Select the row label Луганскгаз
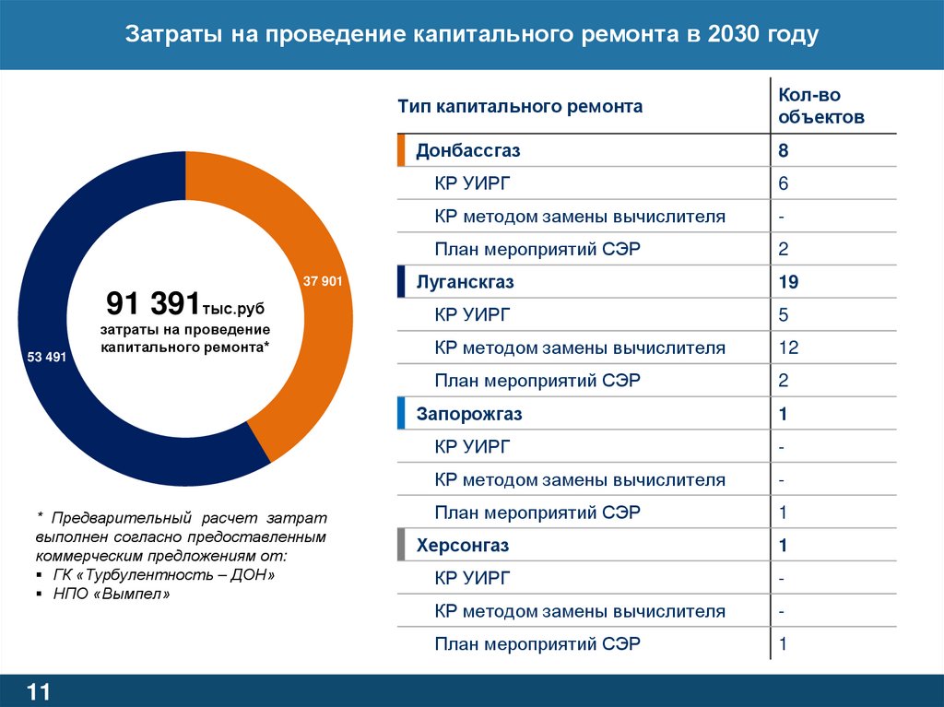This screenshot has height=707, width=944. (465, 282)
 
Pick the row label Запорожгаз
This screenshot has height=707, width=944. (469, 414)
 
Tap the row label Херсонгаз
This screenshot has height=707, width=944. (463, 546)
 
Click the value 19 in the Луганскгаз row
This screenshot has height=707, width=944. (787, 282)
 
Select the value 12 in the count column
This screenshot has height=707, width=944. (787, 348)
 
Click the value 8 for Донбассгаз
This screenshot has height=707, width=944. (783, 150)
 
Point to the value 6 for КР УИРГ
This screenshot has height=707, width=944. (783, 183)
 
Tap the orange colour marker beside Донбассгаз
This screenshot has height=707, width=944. (401, 150)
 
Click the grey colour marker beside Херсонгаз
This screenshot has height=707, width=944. (401, 546)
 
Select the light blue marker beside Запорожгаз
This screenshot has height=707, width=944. (401, 414)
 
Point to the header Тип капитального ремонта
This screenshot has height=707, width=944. (521, 107)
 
